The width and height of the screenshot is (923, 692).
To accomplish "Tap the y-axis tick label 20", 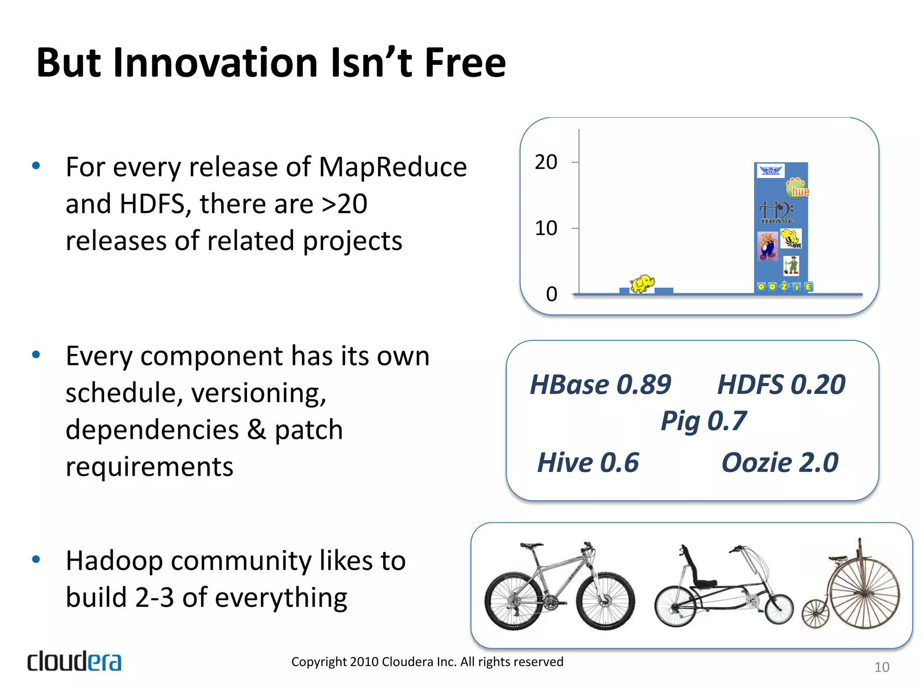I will pyautogui.click(x=546, y=162).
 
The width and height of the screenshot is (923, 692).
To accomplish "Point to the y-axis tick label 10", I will pyautogui.click(x=546, y=228).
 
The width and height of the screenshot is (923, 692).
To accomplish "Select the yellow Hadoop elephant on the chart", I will pyautogui.click(x=642, y=284).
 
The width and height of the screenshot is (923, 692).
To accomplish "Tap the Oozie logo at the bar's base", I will pyautogui.click(x=784, y=287).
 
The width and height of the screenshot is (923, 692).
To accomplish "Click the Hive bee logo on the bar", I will pyautogui.click(x=791, y=238).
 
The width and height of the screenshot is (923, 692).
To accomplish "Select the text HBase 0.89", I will pyautogui.click(x=600, y=385).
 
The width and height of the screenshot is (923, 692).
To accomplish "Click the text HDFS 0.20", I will pyautogui.click(x=781, y=385).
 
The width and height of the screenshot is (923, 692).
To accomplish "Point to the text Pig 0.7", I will pyautogui.click(x=703, y=421).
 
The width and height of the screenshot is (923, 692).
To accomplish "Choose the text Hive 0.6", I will pyautogui.click(x=588, y=463).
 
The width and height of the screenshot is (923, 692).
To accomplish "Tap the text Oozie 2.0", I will pyautogui.click(x=780, y=463).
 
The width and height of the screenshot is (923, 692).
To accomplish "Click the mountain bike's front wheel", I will pyautogui.click(x=605, y=601).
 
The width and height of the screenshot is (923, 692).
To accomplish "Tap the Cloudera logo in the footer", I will pyautogui.click(x=74, y=661).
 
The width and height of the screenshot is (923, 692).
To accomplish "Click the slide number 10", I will pyautogui.click(x=882, y=667).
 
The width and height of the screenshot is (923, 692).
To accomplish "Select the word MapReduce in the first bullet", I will pyautogui.click(x=393, y=167).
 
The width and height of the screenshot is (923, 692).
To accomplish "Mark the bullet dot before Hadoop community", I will pyautogui.click(x=36, y=560).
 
